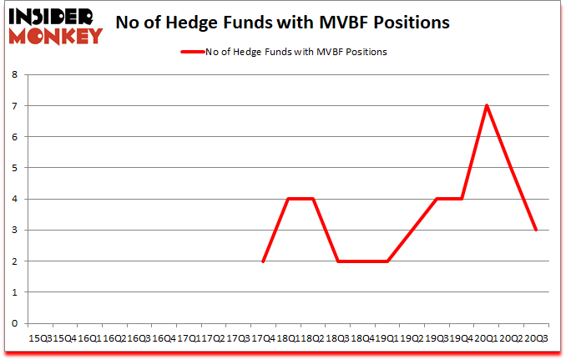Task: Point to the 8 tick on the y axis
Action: (15, 74)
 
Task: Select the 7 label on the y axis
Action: (15, 106)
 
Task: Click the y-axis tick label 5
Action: (15, 168)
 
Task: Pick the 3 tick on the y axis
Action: (15, 231)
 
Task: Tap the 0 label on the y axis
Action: (15, 324)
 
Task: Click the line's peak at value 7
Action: (486, 105)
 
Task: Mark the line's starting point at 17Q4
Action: (262, 261)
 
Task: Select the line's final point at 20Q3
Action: (536, 231)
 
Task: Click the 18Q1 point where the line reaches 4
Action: (287, 199)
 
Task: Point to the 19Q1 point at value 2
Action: (387, 261)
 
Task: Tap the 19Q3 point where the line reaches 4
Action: (437, 199)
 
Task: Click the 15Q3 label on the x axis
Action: (39, 339)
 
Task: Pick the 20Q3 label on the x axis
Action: (536, 339)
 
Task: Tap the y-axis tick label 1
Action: (15, 293)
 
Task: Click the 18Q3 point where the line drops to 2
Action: (337, 261)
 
